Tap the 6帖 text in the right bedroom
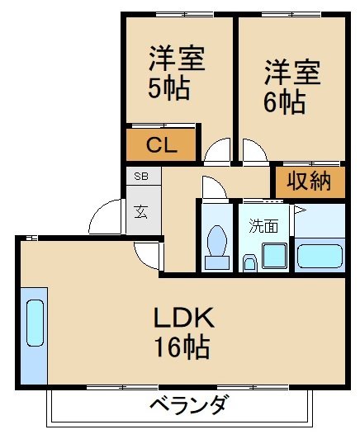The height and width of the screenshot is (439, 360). pos(286,103)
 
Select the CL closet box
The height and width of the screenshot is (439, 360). pos(162,145)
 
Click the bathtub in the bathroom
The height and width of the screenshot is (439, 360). pos(320,255)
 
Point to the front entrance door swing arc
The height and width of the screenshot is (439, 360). pos(105,216)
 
